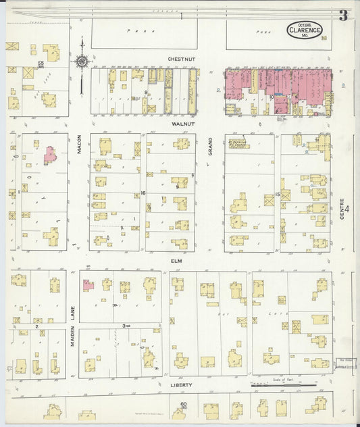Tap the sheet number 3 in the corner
pyautogui.click(x=343, y=16)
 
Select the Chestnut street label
pyautogui.click(x=181, y=59)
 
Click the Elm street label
pyautogui.click(x=178, y=260)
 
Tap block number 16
pyautogui.click(x=143, y=193)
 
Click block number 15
pyautogui.click(x=278, y=194)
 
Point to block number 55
pyautogui.click(x=41, y=64)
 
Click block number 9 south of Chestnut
pyautogui.click(x=145, y=93)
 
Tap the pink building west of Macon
pyautogui.click(x=49, y=154)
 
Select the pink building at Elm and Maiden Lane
pyautogui.click(x=88, y=285)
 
